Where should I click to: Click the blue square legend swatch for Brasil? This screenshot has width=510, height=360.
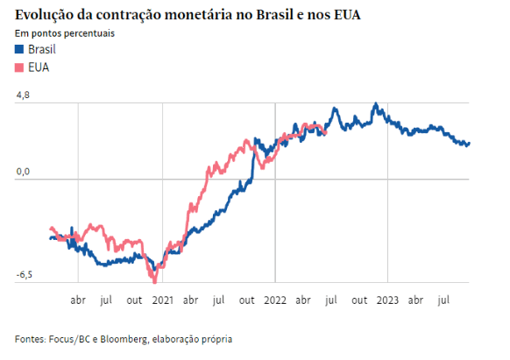tap(20, 50)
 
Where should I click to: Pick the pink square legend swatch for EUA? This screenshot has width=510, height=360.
tap(20, 67)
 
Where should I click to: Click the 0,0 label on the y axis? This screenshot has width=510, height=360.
tap(23, 172)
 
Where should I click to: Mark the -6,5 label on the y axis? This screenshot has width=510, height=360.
tap(25, 275)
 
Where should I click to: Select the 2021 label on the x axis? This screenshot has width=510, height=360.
tap(162, 299)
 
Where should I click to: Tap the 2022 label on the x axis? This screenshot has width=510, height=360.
tap(275, 299)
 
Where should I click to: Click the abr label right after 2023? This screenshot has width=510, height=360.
tap(416, 299)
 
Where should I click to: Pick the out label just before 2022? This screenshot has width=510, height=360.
tap(247, 299)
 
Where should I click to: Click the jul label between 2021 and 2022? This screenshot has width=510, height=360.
tap(218, 299)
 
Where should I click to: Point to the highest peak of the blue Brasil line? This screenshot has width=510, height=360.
tap(375, 104)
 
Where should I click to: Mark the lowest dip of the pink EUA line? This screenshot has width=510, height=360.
tap(155, 281)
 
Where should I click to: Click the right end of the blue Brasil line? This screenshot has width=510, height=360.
tap(469, 144)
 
